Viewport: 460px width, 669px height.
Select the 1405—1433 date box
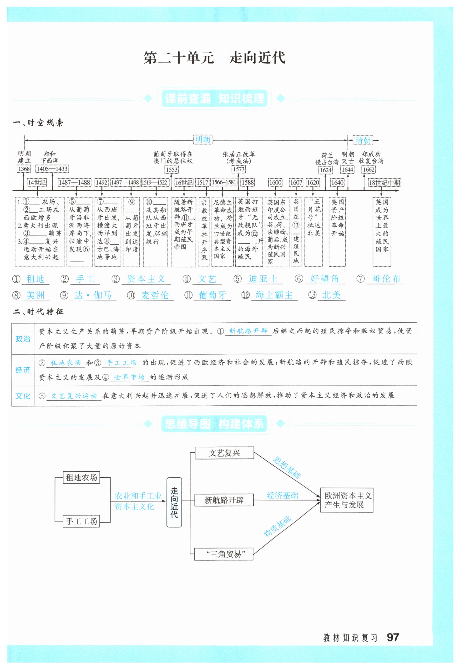click(52, 169)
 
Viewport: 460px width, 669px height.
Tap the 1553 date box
click(172, 170)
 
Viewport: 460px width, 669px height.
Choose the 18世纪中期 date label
click(384, 183)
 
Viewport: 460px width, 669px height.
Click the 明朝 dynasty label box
click(203, 140)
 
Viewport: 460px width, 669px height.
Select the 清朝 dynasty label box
click(363, 140)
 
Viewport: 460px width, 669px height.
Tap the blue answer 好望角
click(324, 279)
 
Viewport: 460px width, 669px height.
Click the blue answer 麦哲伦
click(155, 295)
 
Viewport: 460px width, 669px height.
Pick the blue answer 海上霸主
click(274, 295)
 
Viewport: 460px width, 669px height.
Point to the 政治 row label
click(23, 339)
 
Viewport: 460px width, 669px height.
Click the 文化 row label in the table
click(23, 396)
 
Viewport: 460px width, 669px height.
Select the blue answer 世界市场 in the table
click(129, 377)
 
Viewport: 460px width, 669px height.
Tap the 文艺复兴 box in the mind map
click(224, 453)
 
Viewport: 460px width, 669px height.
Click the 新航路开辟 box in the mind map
click(224, 500)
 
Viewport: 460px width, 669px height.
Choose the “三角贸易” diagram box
click(224, 554)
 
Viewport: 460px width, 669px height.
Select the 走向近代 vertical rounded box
click(174, 502)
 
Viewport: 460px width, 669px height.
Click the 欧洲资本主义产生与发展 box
click(347, 500)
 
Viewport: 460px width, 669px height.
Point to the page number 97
click(393, 637)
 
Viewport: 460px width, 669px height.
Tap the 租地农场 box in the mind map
click(81, 478)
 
